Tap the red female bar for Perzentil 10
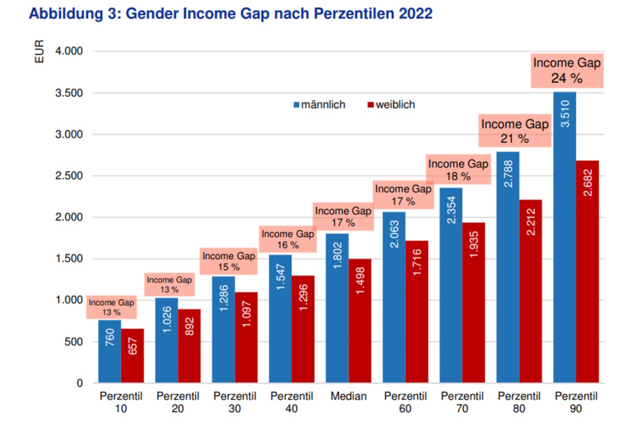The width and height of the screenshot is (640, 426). (x=132, y=356)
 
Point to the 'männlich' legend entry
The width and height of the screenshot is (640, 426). (x=319, y=105)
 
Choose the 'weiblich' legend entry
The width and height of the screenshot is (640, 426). (x=391, y=105)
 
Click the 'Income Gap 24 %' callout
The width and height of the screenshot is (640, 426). (x=566, y=71)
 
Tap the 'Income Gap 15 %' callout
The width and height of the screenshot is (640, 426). (x=228, y=262)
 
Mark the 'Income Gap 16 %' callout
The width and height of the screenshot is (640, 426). (x=288, y=240)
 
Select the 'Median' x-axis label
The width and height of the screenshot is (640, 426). (x=348, y=396)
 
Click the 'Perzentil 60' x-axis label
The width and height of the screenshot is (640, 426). (x=405, y=402)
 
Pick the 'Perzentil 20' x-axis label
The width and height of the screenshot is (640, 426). (x=178, y=402)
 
